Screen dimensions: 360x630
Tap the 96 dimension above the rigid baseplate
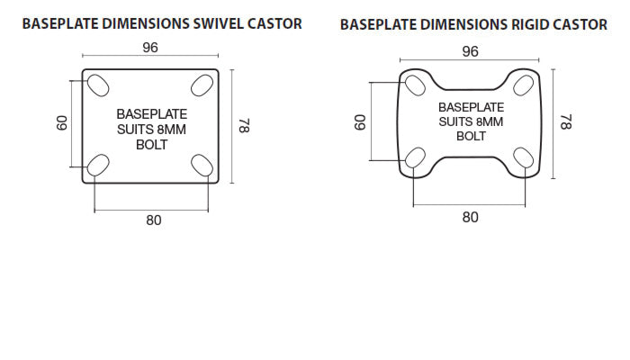[x=470, y=52]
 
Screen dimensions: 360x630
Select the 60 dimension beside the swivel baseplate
[x=61, y=122]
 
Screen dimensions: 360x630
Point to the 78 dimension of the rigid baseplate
[x=565, y=121]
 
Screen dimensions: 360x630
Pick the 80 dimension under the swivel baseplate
[x=154, y=220]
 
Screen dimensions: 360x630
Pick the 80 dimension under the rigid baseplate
[x=470, y=216]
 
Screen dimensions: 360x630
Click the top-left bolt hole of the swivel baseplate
[x=97, y=85]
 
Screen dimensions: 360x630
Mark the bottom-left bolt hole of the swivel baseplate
[x=97, y=165]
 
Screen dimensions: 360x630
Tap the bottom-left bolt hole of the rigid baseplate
[x=414, y=158]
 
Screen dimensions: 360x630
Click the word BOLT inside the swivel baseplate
[x=151, y=144]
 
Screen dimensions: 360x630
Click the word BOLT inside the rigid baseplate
[x=471, y=136]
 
